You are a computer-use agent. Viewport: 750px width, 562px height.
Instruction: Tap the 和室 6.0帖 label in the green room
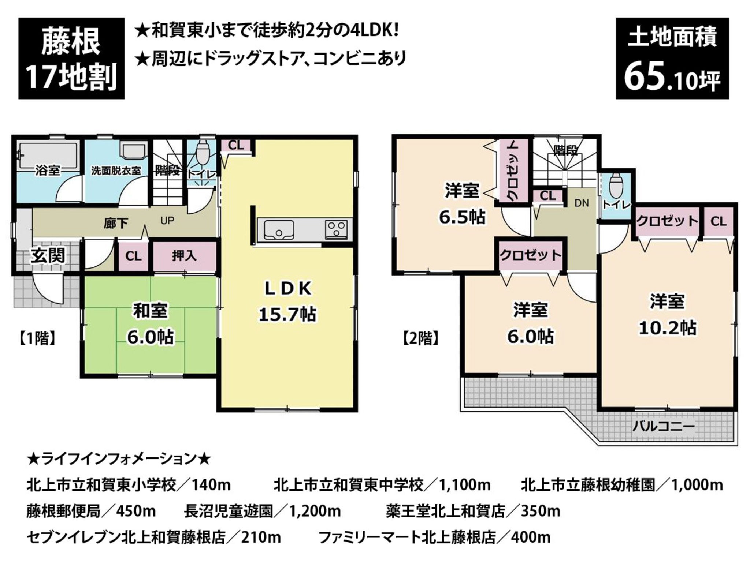coord(150,324)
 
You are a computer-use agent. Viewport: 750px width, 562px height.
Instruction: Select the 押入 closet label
coord(184,256)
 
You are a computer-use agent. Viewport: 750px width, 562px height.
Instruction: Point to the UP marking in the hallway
coord(167,221)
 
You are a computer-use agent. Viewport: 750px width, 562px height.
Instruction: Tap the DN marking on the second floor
coord(582,203)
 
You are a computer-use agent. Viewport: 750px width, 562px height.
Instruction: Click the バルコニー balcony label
coord(663,427)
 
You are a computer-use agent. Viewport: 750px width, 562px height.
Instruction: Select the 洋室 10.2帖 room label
coord(667,315)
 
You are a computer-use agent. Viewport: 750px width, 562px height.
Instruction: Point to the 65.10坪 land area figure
coord(672,78)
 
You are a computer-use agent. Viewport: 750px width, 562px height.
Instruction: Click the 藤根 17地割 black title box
coord(71,59)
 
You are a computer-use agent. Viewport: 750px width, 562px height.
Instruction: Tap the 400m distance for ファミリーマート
coord(531,537)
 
